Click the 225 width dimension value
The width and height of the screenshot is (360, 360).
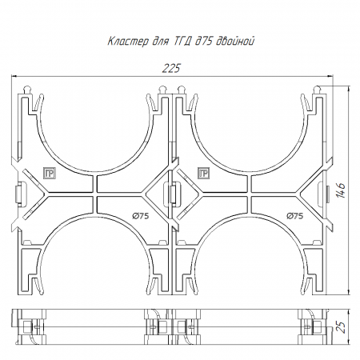pos(171,68)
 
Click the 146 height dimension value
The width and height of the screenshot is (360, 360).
pos(341,190)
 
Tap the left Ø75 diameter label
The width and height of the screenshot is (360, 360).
pos(141,216)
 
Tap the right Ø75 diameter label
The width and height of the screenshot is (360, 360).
pos(295,216)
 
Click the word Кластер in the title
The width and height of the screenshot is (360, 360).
pos(128,42)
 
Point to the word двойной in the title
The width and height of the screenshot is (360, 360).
pos(235,42)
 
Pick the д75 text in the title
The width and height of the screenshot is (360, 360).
pos(203,41)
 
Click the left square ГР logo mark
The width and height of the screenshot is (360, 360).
pos(50,174)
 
